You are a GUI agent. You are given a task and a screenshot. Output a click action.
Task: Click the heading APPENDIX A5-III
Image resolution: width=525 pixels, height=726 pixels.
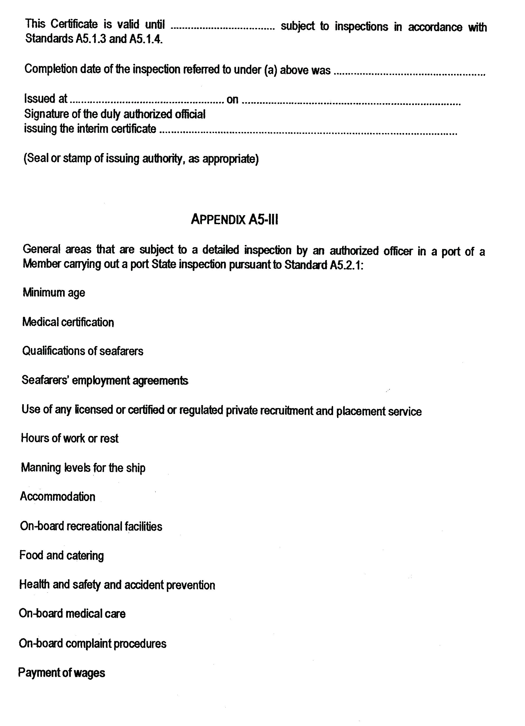click(234, 220)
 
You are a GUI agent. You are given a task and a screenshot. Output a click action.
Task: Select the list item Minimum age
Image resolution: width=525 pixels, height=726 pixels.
click(54, 293)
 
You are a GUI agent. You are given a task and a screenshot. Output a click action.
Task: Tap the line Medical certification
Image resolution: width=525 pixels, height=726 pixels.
click(68, 322)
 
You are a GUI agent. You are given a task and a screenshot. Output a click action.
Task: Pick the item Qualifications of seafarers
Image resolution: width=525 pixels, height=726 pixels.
click(83, 351)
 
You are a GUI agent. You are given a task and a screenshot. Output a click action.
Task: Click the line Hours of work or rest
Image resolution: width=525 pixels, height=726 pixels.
click(69, 438)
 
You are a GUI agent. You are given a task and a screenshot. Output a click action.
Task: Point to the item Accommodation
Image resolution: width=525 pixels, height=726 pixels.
click(58, 497)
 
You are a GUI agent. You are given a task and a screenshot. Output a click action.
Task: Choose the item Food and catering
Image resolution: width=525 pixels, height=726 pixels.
click(62, 555)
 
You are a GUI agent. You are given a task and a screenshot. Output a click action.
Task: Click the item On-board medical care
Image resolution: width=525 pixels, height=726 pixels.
click(72, 614)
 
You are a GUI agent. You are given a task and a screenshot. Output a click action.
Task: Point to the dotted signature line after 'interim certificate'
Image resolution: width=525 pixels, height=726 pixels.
click(308, 132)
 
